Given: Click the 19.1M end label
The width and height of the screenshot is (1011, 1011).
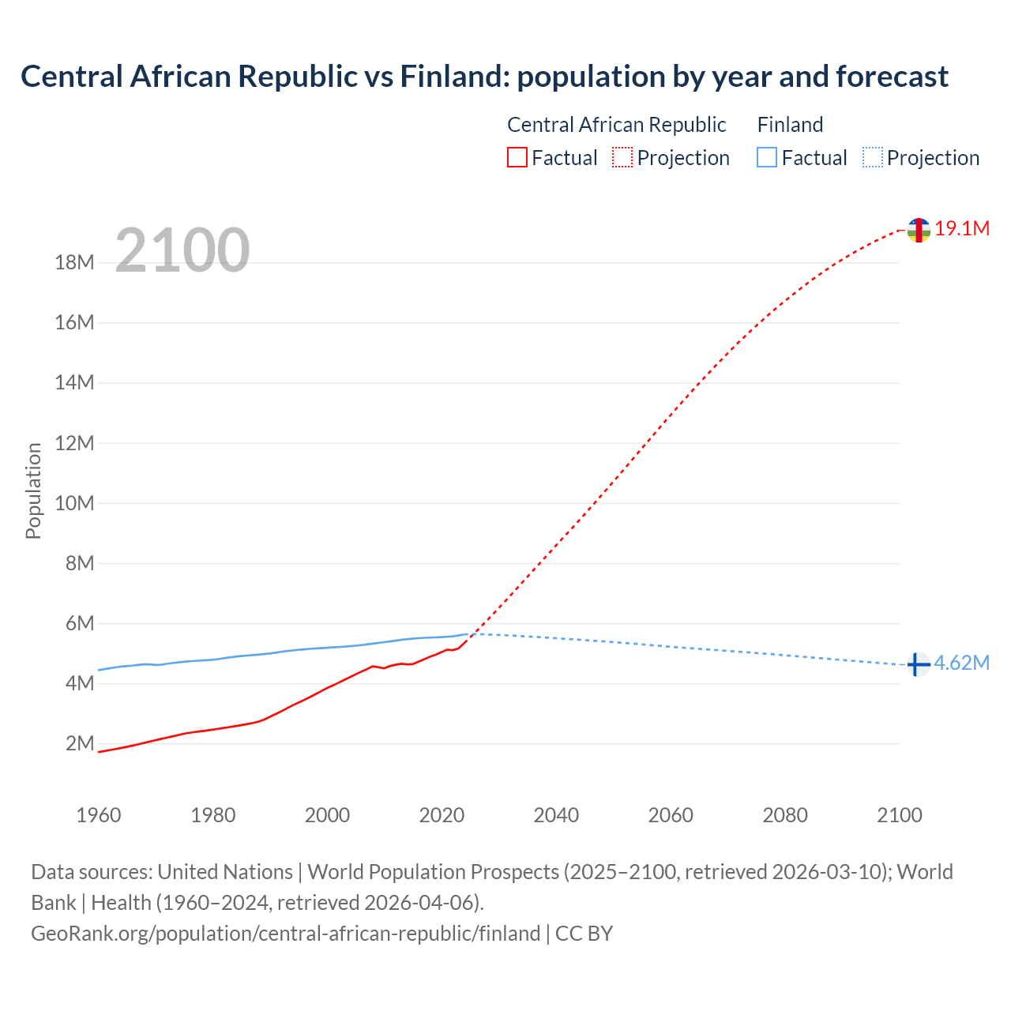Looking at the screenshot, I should click(962, 229).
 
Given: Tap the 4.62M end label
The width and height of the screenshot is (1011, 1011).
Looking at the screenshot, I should click(961, 663).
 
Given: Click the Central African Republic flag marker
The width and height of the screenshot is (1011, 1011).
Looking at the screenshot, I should click(918, 230).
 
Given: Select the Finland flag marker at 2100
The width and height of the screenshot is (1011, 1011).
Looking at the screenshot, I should click(917, 665).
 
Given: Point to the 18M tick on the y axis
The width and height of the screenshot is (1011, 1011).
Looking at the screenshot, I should click(75, 263).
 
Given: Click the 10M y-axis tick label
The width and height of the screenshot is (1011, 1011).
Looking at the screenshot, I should click(75, 504).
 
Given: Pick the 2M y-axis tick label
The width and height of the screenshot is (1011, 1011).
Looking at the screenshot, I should click(80, 744).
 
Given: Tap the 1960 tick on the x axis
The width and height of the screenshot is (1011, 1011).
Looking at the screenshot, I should click(99, 815).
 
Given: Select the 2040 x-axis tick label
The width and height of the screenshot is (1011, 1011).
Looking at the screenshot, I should click(556, 815).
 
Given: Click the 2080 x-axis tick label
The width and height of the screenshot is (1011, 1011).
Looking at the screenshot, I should click(785, 815).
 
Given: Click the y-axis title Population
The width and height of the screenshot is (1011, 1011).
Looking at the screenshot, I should click(33, 490).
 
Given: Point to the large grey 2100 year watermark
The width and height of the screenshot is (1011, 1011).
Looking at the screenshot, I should click(182, 250).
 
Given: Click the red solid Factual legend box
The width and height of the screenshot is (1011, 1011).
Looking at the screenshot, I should click(517, 158).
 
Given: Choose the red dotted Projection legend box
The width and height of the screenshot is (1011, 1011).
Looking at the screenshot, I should click(622, 158).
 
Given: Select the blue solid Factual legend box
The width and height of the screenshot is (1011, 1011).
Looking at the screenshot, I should click(767, 158).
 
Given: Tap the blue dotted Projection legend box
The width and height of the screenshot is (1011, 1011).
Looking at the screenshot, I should click(873, 158).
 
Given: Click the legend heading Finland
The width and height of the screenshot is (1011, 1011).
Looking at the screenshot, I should click(790, 125).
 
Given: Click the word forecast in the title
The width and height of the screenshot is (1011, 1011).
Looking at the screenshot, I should click(892, 77).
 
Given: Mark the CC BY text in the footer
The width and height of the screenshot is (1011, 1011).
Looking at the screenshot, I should click(584, 934).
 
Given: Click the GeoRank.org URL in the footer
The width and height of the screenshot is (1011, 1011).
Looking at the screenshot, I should click(285, 934).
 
